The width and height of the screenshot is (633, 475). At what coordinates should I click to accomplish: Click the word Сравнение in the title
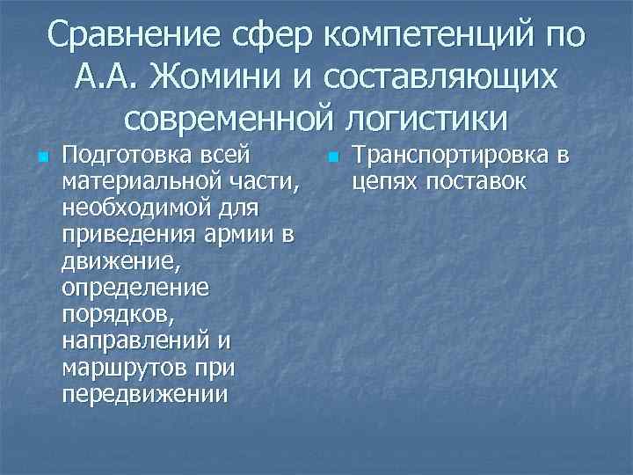tap(135, 38)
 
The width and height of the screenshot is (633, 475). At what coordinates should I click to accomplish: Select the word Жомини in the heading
tap(217, 77)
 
